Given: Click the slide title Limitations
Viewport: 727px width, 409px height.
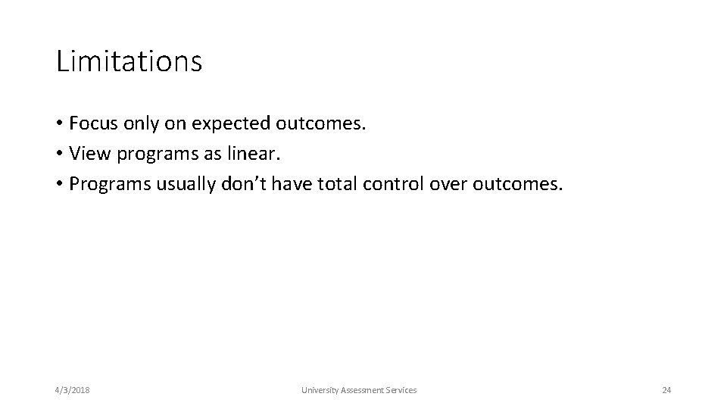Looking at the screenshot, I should click(129, 61).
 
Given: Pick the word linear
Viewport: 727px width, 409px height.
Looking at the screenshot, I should click(257, 154).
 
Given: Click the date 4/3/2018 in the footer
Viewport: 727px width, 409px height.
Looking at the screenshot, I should click(72, 390).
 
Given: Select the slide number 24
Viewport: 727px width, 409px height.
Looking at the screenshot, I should click(666, 390).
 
